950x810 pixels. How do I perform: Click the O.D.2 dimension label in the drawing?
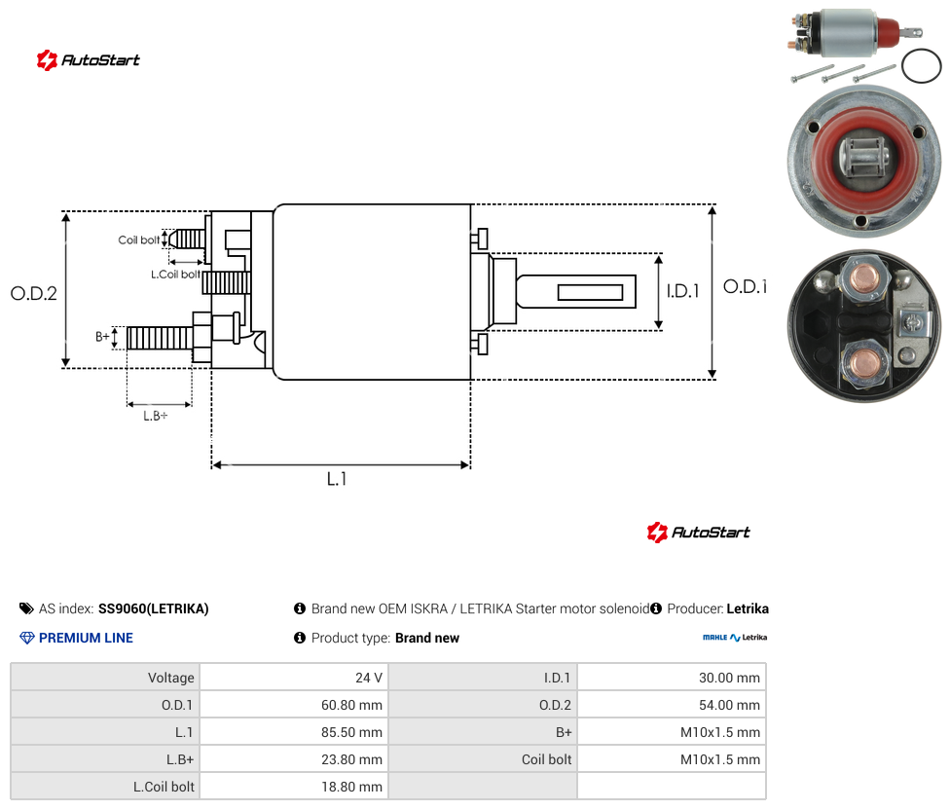tap(34, 293)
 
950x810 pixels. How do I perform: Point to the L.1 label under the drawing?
tap(337, 479)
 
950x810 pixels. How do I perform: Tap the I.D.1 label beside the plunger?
tap(683, 291)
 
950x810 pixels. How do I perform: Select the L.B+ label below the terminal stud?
tap(155, 416)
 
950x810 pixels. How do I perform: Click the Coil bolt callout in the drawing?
tap(139, 239)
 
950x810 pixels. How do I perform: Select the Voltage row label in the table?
tap(171, 678)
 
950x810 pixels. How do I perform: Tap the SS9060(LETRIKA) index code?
tap(153, 608)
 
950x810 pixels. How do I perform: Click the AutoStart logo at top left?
tap(88, 60)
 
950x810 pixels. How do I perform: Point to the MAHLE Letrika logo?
tap(735, 638)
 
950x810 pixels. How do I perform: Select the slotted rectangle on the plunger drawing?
tap(590, 293)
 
